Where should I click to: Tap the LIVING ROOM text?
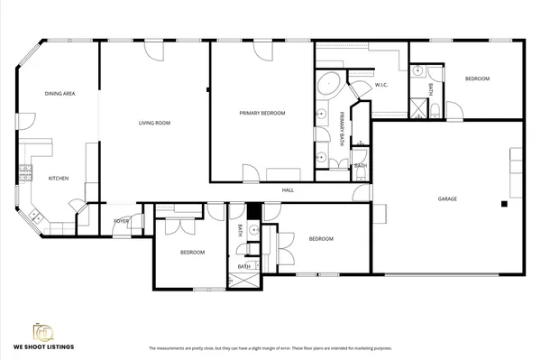coord(154,123)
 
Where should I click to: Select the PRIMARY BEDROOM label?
coord(262,113)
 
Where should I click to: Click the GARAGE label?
coord(447,198)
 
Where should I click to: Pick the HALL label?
coord(288,190)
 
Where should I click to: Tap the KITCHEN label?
coord(59,178)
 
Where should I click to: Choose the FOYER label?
coord(121,221)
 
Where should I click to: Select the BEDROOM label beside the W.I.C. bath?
coord(477,79)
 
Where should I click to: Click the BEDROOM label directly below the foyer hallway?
coord(192,252)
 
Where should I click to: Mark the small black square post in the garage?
coord(505,204)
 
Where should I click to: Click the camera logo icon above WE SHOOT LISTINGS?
coord(42,330)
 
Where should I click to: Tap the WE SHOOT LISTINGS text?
coord(43,346)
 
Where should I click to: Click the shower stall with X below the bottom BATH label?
coord(243,281)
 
